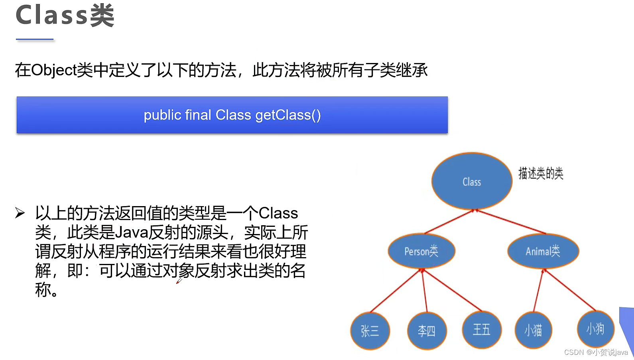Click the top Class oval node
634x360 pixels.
[x=472, y=181]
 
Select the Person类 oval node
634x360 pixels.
[x=421, y=251]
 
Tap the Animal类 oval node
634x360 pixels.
[x=543, y=251]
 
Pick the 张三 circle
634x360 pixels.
[x=370, y=331]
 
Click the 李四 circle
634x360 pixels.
[x=427, y=331]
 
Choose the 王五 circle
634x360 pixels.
[x=482, y=330]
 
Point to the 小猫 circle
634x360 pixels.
[x=533, y=330]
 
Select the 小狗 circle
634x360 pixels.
[x=595, y=329]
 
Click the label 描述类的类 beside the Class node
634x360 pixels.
[x=541, y=173]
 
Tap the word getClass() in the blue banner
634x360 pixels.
[x=288, y=115]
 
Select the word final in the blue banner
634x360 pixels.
[x=198, y=115]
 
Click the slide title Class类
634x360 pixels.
[x=65, y=16]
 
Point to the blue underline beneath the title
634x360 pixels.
[x=35, y=39]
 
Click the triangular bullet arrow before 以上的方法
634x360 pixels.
[x=20, y=213]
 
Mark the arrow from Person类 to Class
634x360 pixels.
[x=449, y=222]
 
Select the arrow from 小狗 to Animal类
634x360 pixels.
[x=569, y=290]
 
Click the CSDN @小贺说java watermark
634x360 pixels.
[x=596, y=352]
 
